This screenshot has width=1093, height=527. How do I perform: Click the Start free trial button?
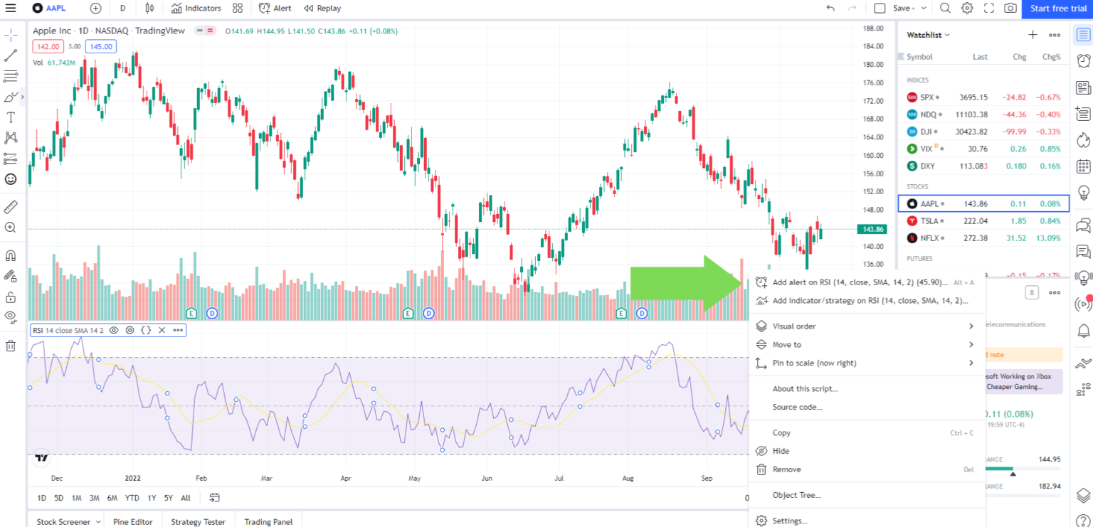(1059, 9)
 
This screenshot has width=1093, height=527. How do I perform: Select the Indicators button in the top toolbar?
(196, 9)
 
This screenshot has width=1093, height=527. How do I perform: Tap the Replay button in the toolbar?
(322, 9)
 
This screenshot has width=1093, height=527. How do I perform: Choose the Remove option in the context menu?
(786, 469)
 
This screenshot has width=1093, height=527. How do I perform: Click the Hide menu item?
(781, 451)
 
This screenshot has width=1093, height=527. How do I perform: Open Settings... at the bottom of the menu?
(789, 521)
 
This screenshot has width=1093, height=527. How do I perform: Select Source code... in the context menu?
(797, 407)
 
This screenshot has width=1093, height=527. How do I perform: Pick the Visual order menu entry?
(794, 326)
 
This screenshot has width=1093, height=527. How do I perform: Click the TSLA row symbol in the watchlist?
(929, 220)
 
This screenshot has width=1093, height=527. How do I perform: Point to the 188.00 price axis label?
(872, 28)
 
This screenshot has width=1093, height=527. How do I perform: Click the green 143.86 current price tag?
(872, 229)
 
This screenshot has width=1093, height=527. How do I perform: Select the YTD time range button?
(132, 498)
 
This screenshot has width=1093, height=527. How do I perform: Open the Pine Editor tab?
(133, 521)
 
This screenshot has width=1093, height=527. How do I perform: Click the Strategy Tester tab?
(198, 521)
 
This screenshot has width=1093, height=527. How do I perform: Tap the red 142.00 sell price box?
(48, 46)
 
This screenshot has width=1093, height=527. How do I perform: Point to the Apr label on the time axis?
(346, 478)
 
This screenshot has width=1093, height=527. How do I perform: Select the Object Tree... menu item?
(796, 495)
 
